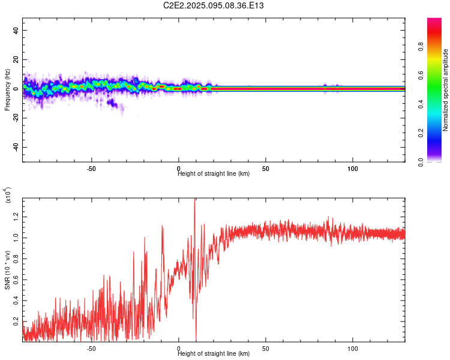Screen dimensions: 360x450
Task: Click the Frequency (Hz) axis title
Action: (7, 90)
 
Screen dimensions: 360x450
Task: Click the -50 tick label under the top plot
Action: (91, 168)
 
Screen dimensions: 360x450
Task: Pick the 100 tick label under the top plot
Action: (353, 168)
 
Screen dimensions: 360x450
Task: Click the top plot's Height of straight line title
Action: (214, 174)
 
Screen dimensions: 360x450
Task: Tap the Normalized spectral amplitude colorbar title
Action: (445, 90)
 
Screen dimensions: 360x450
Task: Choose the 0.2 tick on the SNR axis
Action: (16, 322)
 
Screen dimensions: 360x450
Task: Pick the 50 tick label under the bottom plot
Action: (266, 348)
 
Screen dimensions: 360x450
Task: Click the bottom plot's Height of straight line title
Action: (214, 354)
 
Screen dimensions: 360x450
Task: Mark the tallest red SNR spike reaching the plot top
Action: (194, 200)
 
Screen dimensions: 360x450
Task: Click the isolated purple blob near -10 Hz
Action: (112, 103)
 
